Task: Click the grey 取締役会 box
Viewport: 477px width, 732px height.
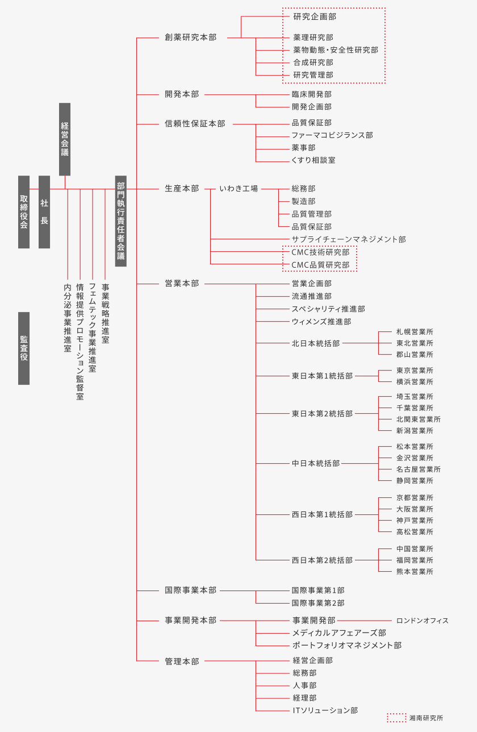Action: [24, 212]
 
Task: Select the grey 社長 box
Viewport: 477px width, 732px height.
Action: [44, 212]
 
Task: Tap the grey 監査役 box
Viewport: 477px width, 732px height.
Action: [24, 348]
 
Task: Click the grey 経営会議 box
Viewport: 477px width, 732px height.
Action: [65, 139]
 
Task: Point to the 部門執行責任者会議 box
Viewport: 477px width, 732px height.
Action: [121, 221]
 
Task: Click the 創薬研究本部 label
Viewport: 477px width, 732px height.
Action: [191, 38]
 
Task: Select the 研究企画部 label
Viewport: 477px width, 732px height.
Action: [315, 16]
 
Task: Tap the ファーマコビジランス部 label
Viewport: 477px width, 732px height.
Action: [332, 135]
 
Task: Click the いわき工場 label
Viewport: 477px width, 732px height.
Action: [238, 189]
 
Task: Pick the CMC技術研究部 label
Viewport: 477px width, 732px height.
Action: [320, 252]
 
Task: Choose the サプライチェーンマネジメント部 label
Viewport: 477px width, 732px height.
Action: [349, 239]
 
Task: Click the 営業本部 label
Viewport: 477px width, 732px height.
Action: [182, 284]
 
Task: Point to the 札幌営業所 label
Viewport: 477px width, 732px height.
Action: [415, 332]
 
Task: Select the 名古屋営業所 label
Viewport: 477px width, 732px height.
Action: [419, 469]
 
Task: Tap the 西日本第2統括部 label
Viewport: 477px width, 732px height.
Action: [322, 560]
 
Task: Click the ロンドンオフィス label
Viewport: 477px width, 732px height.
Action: [422, 621]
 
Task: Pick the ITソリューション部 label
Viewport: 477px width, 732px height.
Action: [325, 710]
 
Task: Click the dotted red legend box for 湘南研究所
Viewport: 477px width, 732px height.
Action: [397, 718]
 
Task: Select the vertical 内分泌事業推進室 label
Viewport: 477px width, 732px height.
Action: [68, 318]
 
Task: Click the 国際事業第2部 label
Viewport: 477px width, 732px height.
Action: [318, 603]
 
